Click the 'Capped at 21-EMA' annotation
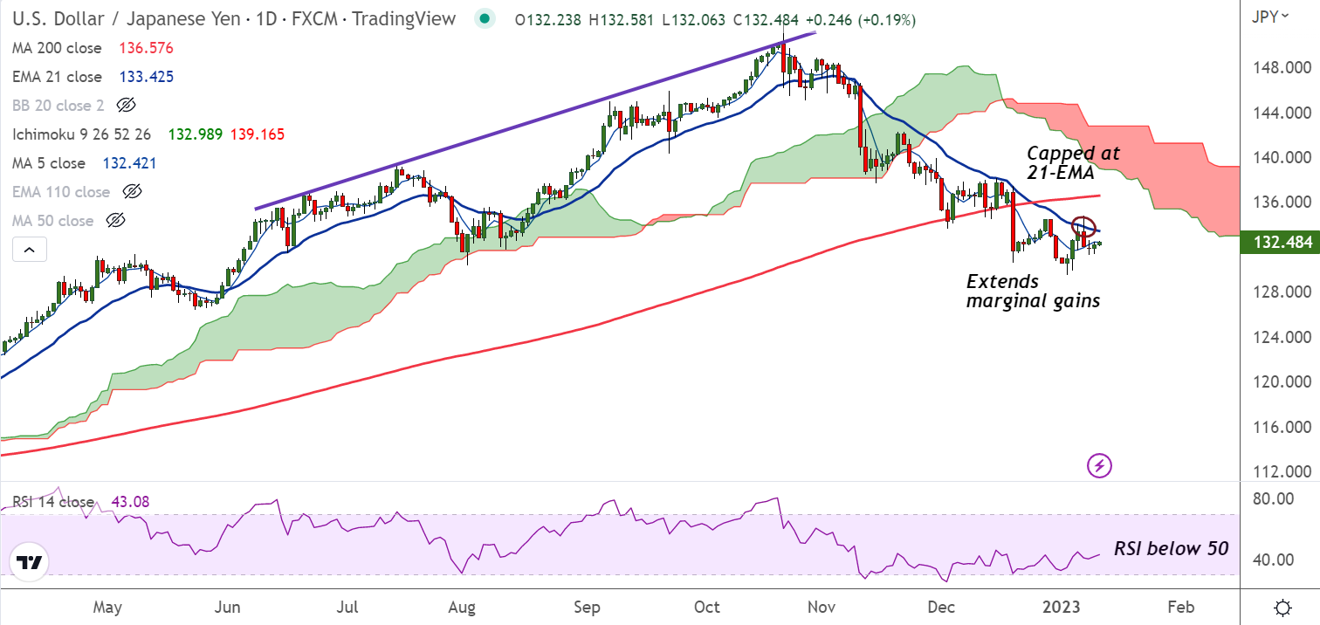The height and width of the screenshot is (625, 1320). click(x=1072, y=162)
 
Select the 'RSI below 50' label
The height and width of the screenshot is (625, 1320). click(x=1171, y=549)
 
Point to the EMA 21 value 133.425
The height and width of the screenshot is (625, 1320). click(x=144, y=77)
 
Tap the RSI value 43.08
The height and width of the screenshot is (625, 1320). click(x=129, y=502)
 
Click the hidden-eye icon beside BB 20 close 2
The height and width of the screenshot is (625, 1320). click(x=126, y=106)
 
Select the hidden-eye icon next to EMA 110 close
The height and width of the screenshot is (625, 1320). click(x=132, y=192)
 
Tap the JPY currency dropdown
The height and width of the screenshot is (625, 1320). click(x=1270, y=16)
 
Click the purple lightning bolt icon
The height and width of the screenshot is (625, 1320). click(x=1099, y=465)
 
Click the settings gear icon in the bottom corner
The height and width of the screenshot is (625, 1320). click(x=1282, y=608)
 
